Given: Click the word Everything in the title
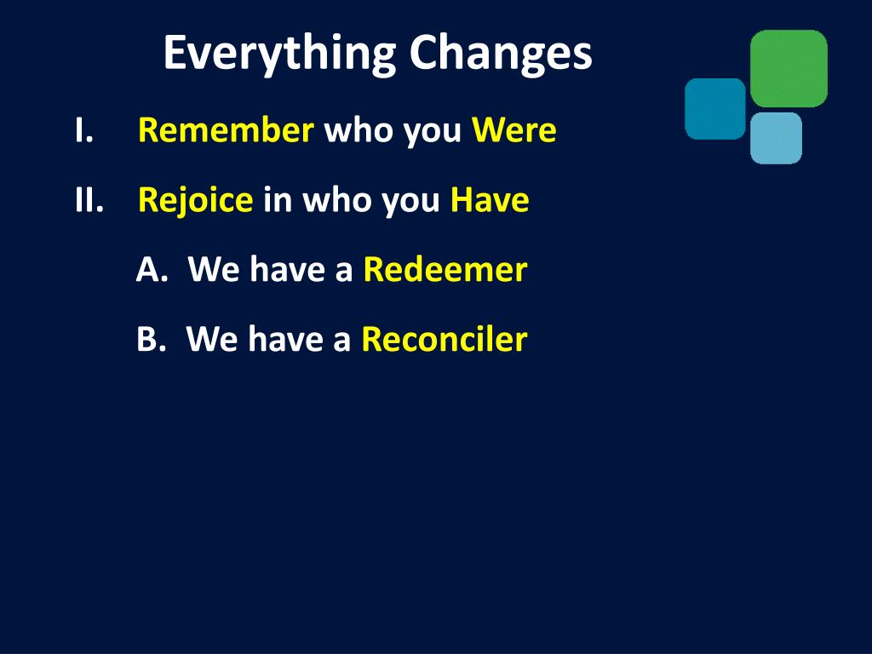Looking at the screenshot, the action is (279, 54).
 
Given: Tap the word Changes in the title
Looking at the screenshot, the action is (501, 54).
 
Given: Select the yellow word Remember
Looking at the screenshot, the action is (226, 129).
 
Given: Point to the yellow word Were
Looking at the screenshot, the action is (513, 129).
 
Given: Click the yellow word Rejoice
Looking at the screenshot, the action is (195, 200).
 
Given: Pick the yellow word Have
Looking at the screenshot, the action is (490, 199).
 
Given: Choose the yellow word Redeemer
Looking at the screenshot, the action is (445, 270).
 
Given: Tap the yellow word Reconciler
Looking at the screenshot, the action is (445, 339).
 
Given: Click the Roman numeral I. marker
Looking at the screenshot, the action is (84, 130).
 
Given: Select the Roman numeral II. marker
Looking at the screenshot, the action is (89, 199).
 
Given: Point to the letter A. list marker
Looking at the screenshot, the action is (152, 270).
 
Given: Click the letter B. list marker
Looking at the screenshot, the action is (152, 339).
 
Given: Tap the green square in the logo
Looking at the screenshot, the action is (789, 68).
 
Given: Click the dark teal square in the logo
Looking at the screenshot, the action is (715, 109).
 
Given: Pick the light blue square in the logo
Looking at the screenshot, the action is (776, 138).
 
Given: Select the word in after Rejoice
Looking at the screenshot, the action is (278, 199).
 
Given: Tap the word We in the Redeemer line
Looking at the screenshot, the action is (214, 270).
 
